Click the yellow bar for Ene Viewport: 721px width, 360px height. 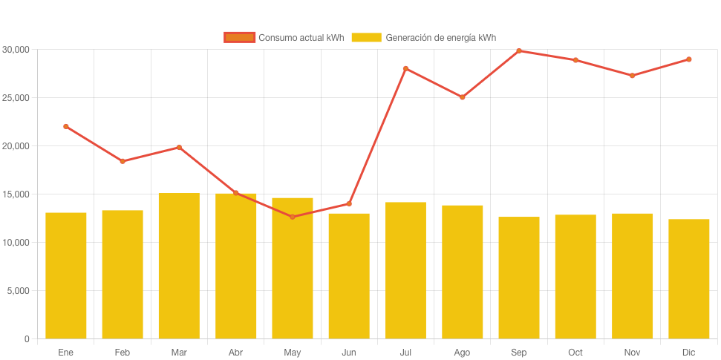(x=66, y=275)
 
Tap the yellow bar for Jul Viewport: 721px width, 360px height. (x=405, y=270)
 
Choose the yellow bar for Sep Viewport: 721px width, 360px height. (x=519, y=278)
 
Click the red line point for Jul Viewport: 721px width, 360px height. (x=405, y=68)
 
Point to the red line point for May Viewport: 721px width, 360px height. (x=293, y=217)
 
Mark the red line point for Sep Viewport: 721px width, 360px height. (x=519, y=51)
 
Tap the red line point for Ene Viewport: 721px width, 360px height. (x=66, y=126)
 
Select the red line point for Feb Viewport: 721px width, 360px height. (x=123, y=161)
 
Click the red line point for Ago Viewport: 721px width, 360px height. (x=462, y=97)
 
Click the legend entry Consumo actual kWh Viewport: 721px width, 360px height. (x=284, y=38)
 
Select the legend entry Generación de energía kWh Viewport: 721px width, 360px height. (x=424, y=38)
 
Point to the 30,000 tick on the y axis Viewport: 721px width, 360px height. (x=16, y=50)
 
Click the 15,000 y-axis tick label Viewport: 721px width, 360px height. (x=16, y=194)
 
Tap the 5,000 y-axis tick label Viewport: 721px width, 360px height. (x=19, y=291)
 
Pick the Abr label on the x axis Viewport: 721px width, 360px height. (x=235, y=352)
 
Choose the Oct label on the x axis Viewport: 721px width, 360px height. (x=575, y=352)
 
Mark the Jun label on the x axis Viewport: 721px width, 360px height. (x=349, y=352)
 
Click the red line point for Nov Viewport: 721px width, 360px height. (x=632, y=76)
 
